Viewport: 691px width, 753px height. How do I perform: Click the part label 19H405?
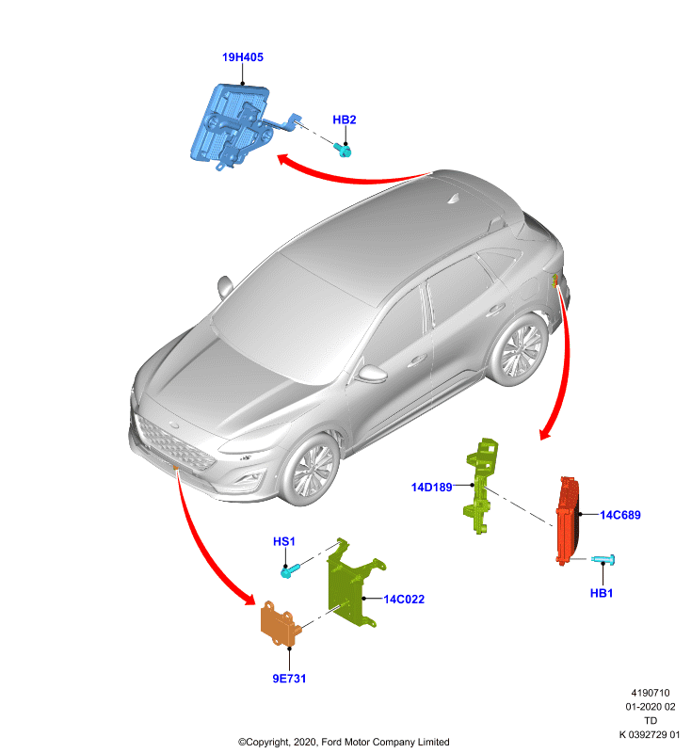[x=243, y=57]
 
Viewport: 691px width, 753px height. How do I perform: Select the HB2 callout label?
[x=345, y=120]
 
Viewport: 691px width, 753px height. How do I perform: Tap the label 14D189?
[x=432, y=488]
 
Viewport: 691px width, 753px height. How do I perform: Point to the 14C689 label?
[x=620, y=515]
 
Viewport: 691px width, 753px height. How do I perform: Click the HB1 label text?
[x=602, y=593]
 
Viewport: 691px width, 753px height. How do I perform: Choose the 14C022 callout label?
[x=404, y=600]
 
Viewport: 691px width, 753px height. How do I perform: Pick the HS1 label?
[x=283, y=542]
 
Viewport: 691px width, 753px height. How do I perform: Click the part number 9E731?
[x=289, y=679]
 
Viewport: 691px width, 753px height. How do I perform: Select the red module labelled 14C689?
[x=567, y=521]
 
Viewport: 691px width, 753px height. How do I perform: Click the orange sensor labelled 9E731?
[x=280, y=623]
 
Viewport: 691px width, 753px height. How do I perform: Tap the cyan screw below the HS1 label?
[x=290, y=570]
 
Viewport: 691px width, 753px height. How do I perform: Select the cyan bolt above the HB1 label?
[x=603, y=559]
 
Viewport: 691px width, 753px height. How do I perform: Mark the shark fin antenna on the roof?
[x=454, y=199]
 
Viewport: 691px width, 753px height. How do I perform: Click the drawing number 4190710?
[x=651, y=693]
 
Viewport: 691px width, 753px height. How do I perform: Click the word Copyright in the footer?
[x=266, y=742]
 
